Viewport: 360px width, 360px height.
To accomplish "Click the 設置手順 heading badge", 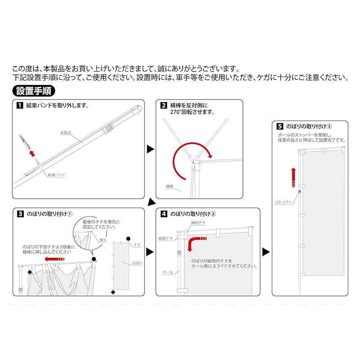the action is [x=34, y=91].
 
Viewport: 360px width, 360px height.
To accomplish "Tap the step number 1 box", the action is [x=20, y=105].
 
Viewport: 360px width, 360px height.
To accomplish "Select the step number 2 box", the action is [x=163, y=105].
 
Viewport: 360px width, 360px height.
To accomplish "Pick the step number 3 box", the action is [x=20, y=214].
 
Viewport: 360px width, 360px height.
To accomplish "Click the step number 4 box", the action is [x=164, y=214].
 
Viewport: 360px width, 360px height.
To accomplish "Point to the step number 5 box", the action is [x=279, y=126].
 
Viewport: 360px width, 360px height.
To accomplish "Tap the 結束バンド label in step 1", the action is [x=57, y=175].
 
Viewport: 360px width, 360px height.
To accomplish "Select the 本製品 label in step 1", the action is [x=66, y=133].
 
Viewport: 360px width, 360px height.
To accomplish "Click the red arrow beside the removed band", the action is [x=32, y=153].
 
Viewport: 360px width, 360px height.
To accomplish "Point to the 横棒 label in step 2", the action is [x=170, y=186].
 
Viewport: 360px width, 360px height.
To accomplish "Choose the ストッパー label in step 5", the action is [x=283, y=202].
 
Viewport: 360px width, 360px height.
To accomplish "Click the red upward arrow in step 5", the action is [x=293, y=177].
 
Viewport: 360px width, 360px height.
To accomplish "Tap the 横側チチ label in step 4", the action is [x=198, y=223].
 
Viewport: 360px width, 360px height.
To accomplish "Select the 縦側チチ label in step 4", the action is [x=166, y=238].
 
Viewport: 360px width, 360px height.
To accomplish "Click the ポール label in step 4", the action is [x=167, y=272].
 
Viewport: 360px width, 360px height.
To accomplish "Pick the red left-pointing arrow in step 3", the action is [x=54, y=259].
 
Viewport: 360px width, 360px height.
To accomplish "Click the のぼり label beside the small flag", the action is [x=137, y=263].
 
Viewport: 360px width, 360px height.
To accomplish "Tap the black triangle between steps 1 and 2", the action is [x=150, y=149].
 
